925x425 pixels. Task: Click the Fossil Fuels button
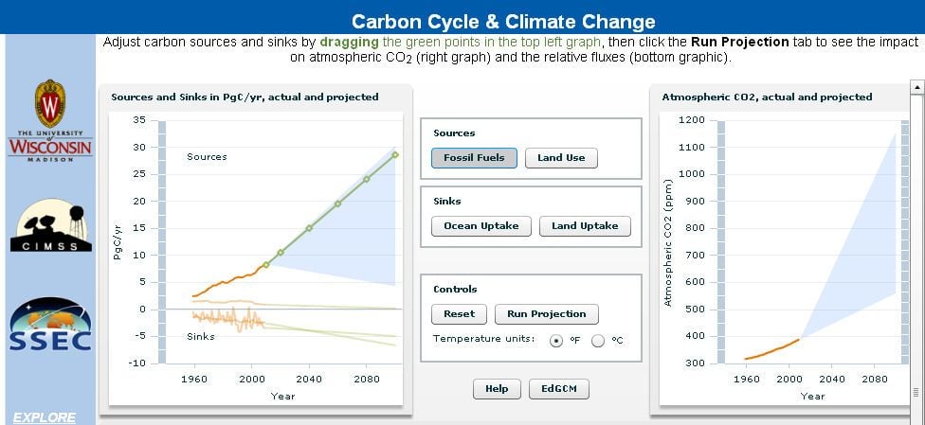pyautogui.click(x=474, y=158)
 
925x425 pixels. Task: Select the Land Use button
pyautogui.click(x=561, y=158)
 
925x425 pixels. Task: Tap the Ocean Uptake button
pyautogui.click(x=481, y=226)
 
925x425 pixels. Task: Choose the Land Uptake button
pyautogui.click(x=585, y=226)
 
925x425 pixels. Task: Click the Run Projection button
pyautogui.click(x=546, y=314)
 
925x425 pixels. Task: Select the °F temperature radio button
pyautogui.click(x=555, y=341)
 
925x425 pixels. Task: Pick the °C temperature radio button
pyautogui.click(x=598, y=341)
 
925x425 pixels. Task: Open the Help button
pyautogui.click(x=497, y=389)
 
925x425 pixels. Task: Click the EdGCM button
pyautogui.click(x=558, y=389)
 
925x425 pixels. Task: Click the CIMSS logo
pyautogui.click(x=51, y=225)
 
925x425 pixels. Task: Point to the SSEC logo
pyautogui.click(x=50, y=325)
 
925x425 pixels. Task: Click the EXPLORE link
pyautogui.click(x=45, y=418)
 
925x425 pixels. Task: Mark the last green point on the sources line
pyautogui.click(x=395, y=155)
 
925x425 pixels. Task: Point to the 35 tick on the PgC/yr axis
pyautogui.click(x=138, y=120)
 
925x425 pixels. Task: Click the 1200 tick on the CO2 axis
pyautogui.click(x=692, y=120)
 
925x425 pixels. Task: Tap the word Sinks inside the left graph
pyautogui.click(x=201, y=337)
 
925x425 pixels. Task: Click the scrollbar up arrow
pyautogui.click(x=917, y=87)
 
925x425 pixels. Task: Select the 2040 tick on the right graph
pyautogui.click(x=832, y=379)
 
